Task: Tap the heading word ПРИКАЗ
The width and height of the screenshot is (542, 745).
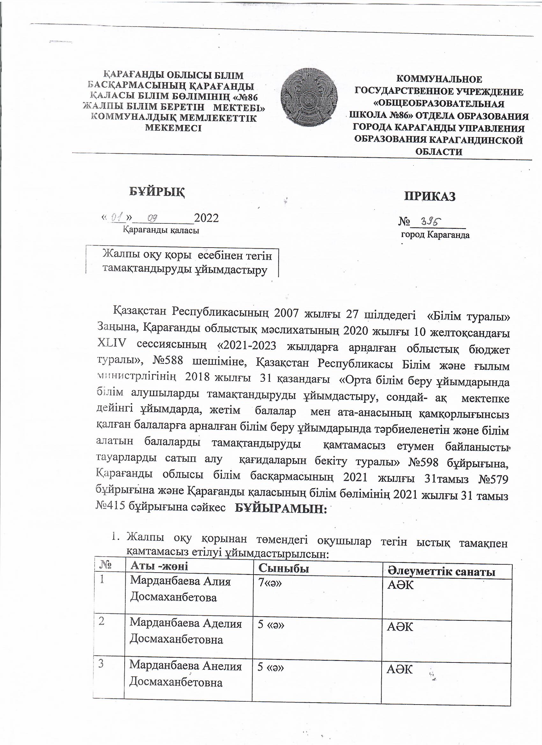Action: click(x=429, y=196)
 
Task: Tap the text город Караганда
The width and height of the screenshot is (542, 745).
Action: click(x=435, y=235)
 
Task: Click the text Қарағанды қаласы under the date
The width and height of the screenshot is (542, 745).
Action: click(x=161, y=230)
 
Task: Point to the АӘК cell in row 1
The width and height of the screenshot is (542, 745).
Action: click(x=400, y=585)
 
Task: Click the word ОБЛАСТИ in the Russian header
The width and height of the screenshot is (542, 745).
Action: click(x=438, y=152)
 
